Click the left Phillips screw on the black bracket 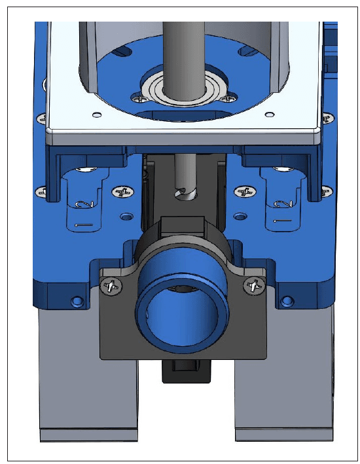point(111,285)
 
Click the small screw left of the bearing point(140,99)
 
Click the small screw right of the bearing point(226,99)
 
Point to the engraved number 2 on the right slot point(283,204)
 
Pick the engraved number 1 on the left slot point(84,224)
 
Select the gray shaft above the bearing point(181,46)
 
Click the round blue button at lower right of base point(286,301)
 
